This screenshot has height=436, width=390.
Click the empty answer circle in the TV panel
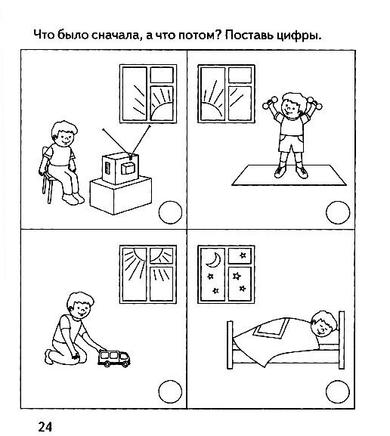pyautogui.click(x=170, y=212)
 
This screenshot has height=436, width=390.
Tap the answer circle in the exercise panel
pyautogui.click(x=338, y=212)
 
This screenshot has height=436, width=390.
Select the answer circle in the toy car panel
pyautogui.click(x=170, y=391)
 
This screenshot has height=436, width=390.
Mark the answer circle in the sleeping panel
pyautogui.click(x=337, y=391)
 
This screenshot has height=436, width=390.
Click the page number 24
pyautogui.click(x=45, y=426)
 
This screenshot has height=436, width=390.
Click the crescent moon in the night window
pyautogui.click(x=213, y=260)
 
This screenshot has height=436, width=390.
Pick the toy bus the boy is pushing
pyautogui.click(x=114, y=358)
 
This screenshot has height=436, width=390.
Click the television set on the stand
pyautogui.click(x=120, y=169)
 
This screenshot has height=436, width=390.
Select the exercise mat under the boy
pyautogui.click(x=289, y=175)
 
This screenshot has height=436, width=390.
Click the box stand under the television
pyautogui.click(x=121, y=196)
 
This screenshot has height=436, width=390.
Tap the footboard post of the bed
pyautogui.click(x=230, y=345)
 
